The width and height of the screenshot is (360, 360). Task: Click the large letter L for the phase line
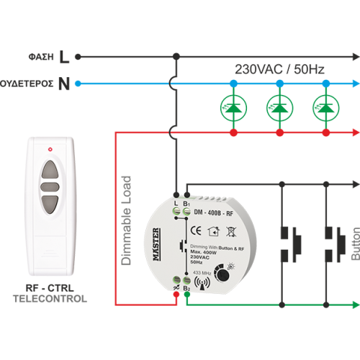point(65,55)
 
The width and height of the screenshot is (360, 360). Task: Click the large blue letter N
point(64,84)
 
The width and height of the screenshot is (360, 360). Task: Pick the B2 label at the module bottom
point(186,289)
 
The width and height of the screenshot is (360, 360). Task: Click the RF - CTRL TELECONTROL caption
point(50,293)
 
